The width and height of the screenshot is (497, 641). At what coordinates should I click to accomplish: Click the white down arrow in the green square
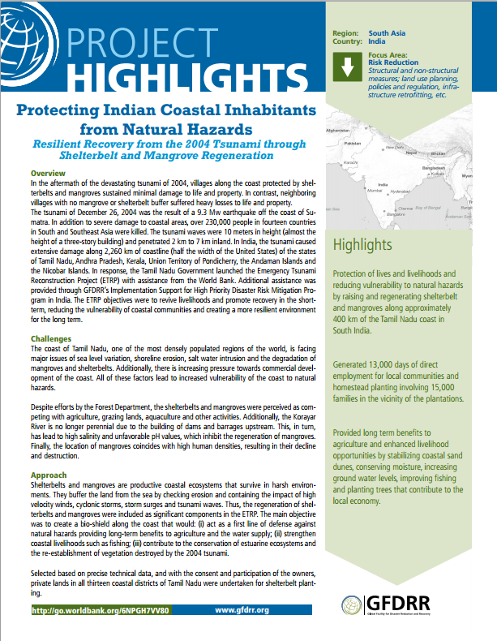[x=349, y=69]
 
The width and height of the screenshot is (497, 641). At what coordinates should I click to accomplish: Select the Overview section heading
[x=49, y=174]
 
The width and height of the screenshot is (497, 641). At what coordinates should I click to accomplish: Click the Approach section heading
[x=49, y=474]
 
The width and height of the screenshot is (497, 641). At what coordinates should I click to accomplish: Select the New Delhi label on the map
[x=395, y=148]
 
